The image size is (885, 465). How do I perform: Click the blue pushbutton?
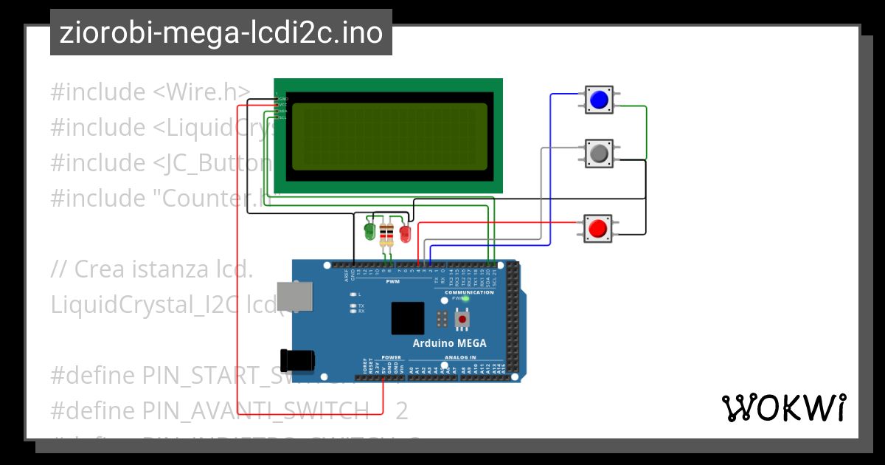599,100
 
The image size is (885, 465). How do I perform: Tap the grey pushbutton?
599,153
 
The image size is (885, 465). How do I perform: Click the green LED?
369,232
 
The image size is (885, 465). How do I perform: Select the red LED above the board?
404,233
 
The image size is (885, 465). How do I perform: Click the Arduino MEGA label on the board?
449,343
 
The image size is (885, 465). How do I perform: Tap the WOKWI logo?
783,407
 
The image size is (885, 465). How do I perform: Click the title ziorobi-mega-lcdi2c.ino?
221,33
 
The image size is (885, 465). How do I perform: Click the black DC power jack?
299,360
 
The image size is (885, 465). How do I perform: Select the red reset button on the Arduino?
462,319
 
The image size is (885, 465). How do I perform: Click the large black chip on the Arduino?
408,318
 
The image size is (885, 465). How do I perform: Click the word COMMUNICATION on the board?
469,292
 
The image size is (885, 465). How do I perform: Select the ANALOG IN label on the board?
460,357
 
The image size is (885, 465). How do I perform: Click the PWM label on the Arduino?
392,281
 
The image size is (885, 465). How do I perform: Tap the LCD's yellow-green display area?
389,137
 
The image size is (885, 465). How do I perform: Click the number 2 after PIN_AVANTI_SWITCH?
401,410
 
